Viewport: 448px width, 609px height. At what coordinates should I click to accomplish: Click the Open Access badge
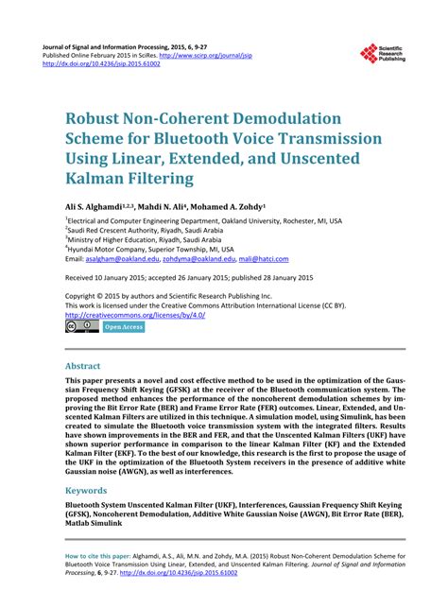[123, 327]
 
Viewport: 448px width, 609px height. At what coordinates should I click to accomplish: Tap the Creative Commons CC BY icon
[82, 327]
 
